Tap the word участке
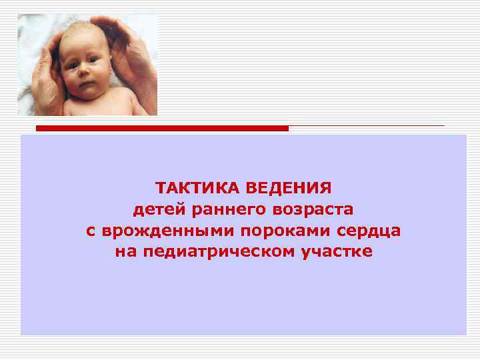(335, 252)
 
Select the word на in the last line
(125, 252)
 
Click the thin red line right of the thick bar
(367, 125)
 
